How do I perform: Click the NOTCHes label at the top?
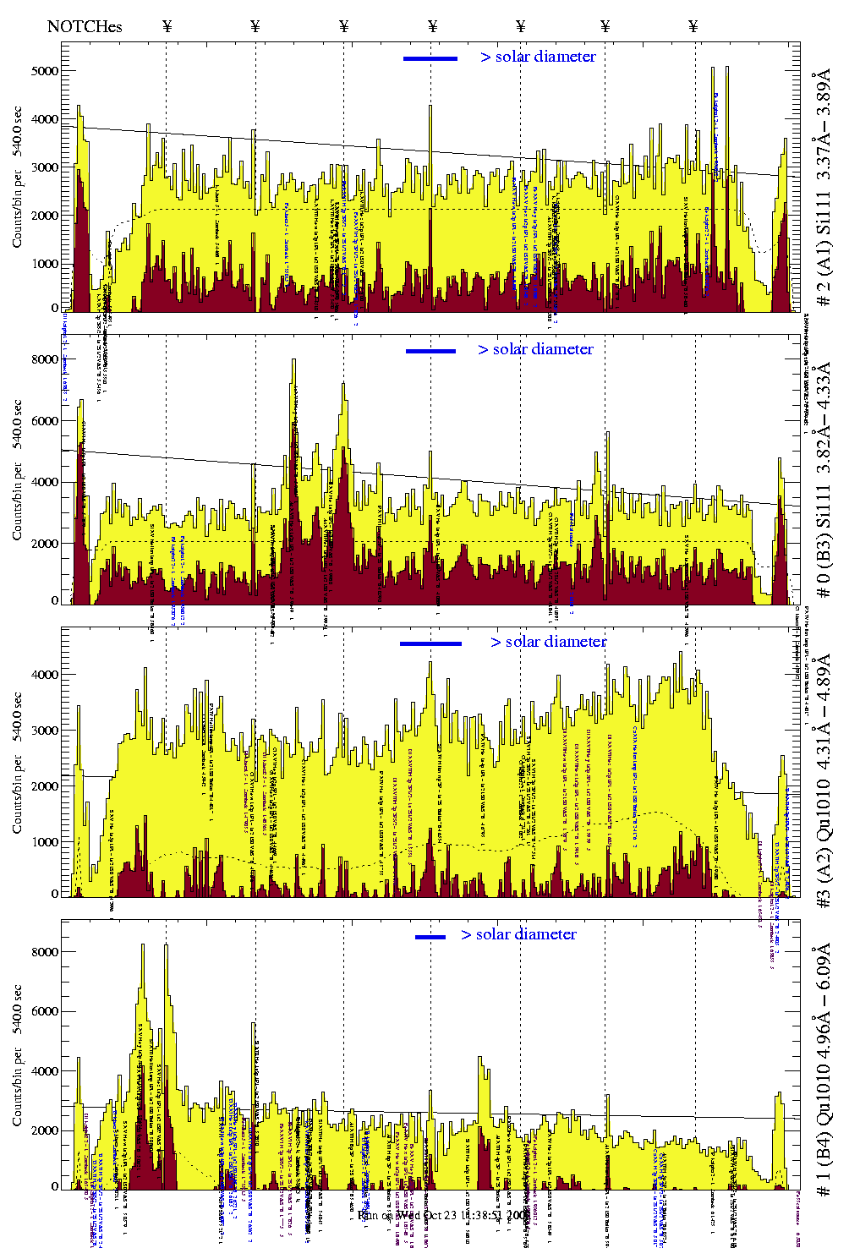pos(85,26)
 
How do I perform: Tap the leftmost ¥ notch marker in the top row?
pos(167,26)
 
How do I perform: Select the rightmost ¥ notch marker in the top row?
pos(693,26)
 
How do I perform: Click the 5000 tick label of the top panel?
pos(44,71)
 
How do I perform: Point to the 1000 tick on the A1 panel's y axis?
pos(44,264)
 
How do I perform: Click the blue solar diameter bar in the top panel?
pos(430,58)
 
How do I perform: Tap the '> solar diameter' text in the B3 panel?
pos(535,349)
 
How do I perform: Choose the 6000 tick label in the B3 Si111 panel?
pos(44,421)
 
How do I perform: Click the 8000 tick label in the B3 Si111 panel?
pos(44,359)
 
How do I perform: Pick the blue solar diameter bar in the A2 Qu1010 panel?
pos(430,643)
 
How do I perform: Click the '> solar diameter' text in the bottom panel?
pos(518,934)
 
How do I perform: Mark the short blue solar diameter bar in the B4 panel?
pos(430,937)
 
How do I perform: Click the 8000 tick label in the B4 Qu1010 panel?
pos(44,952)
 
